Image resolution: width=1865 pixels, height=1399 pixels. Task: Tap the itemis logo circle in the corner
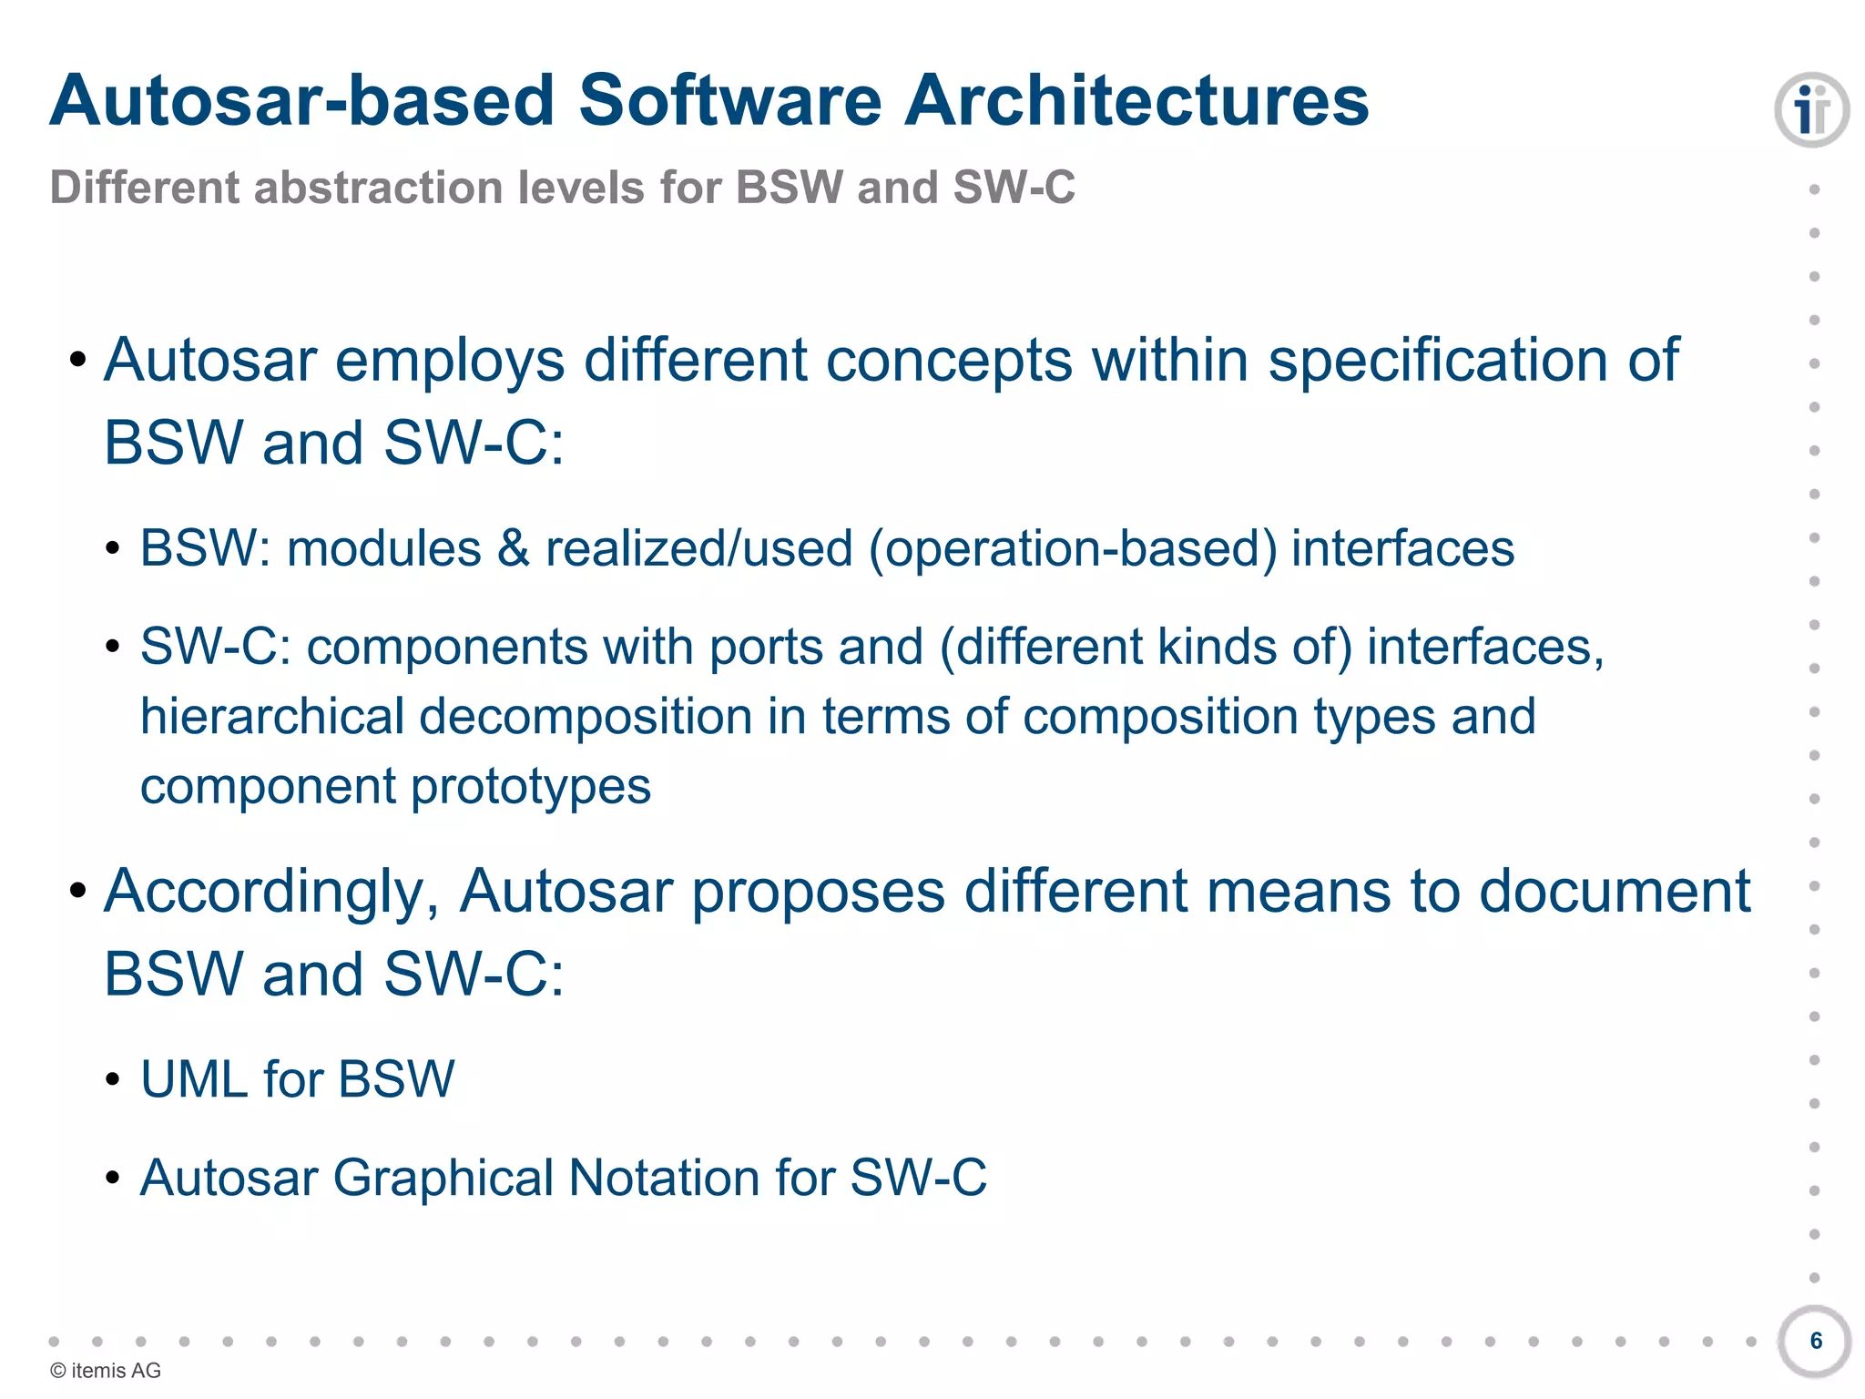tap(1811, 110)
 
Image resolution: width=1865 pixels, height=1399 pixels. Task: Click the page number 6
tap(1816, 1341)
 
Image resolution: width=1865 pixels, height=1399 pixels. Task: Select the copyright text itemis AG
tap(106, 1371)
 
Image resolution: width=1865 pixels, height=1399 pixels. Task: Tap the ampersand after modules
tap(514, 548)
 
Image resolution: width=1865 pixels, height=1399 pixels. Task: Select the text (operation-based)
tap(1073, 548)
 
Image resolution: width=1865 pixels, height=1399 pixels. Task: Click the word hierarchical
tap(271, 716)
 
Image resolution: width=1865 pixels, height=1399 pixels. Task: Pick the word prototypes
tap(531, 786)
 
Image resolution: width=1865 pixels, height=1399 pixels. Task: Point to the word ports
tap(766, 647)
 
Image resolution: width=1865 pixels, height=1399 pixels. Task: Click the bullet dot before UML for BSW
tap(112, 1080)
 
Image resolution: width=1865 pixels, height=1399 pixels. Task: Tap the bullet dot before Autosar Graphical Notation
tap(112, 1179)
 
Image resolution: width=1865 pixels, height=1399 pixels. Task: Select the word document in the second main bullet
tap(1614, 891)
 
